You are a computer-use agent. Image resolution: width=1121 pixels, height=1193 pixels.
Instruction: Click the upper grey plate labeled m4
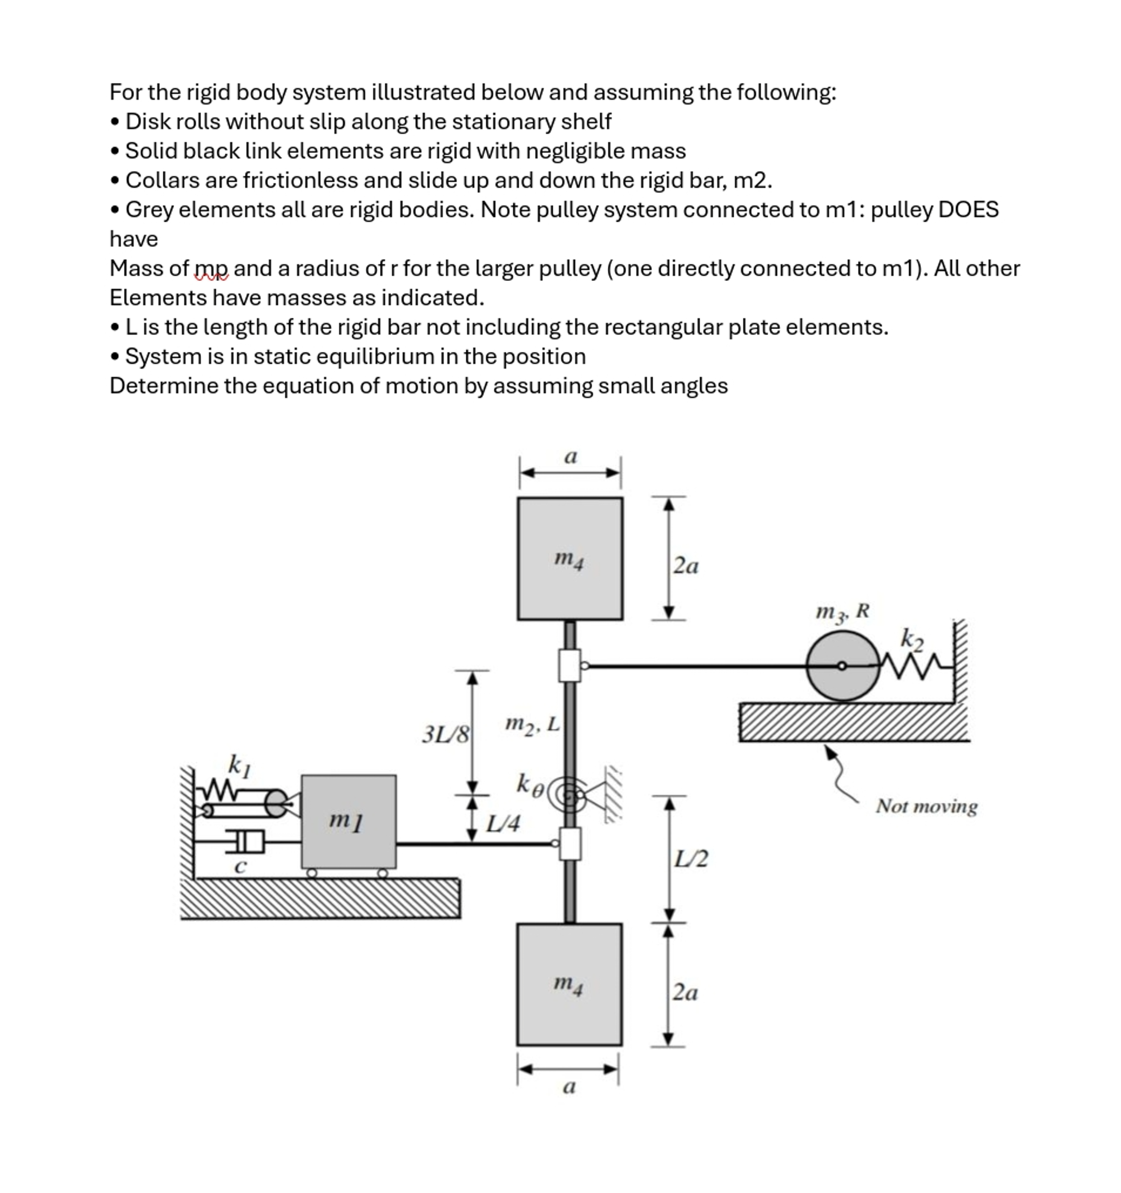pos(570,558)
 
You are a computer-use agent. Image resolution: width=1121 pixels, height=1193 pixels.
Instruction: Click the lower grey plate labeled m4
pos(569,985)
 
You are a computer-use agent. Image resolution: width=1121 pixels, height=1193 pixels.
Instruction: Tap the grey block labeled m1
pos(348,822)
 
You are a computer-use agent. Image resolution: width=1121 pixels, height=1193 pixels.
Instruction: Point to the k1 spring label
pos(239,765)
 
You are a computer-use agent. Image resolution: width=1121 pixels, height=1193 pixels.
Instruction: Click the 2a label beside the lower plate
pos(685,993)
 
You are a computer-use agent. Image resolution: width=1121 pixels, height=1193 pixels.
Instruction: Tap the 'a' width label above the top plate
pos(570,457)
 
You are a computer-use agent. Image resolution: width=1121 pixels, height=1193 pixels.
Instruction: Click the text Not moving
pos(926,806)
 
